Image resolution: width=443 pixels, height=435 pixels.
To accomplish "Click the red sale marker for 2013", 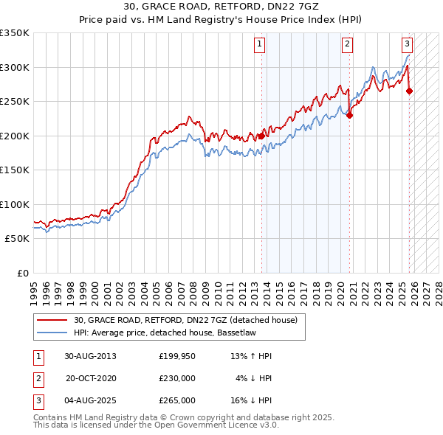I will [261, 136].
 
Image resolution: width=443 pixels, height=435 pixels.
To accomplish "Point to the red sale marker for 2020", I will [350, 115].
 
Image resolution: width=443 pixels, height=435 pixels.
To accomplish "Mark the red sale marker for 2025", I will [410, 91].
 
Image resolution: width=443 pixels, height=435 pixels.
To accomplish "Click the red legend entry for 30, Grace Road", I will [185, 320].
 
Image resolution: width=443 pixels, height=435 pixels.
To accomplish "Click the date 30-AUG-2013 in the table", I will [90, 356].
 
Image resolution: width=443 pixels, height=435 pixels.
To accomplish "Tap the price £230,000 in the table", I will [177, 378].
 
